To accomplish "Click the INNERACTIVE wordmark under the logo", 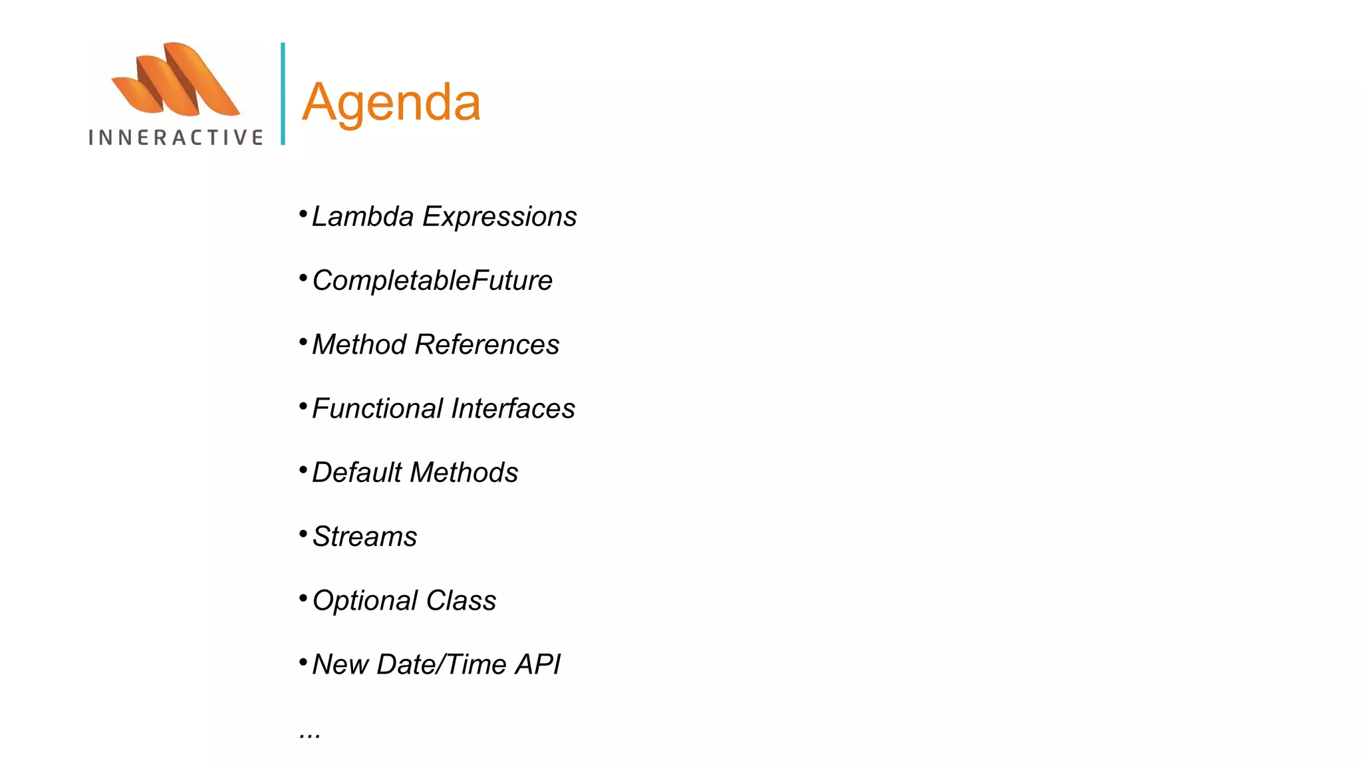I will point(176,138).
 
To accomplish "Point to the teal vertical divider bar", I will point(283,94).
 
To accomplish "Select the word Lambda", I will point(362,217).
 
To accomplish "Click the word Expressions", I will point(499,217).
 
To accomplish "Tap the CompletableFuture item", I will point(432,281).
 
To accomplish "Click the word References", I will point(487,344).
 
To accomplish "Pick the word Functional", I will point(377,408).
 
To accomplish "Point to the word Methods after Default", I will point(464,473).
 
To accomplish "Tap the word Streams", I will point(364,537).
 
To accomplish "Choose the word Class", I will point(461,600).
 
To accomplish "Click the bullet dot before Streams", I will point(303,533).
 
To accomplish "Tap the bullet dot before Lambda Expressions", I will point(303,213).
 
